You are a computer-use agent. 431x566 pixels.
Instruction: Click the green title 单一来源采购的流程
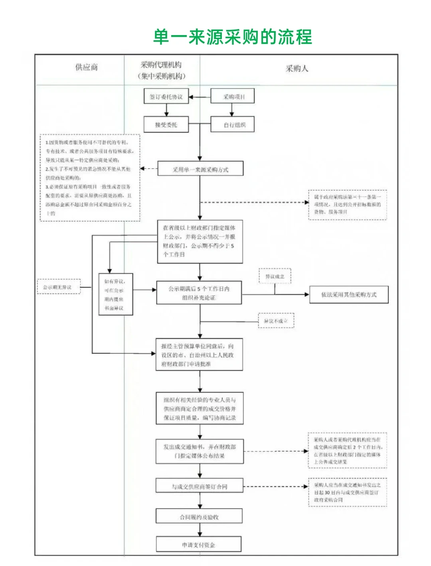click(x=233, y=37)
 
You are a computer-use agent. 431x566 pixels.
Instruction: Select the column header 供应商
click(x=86, y=67)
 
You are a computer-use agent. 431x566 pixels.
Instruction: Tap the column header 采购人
click(x=297, y=69)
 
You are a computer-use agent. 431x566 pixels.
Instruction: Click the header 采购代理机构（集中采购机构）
click(x=162, y=70)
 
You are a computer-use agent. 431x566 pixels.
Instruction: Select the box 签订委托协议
click(x=166, y=97)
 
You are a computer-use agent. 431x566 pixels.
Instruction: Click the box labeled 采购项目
click(x=233, y=97)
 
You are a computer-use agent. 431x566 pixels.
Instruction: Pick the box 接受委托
click(x=166, y=125)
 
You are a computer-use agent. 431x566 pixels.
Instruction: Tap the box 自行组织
click(x=233, y=125)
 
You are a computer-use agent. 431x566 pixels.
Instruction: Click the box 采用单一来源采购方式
click(x=200, y=169)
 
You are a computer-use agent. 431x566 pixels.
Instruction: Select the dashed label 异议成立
click(x=275, y=276)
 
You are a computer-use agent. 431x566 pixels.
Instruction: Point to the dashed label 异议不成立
click(x=276, y=321)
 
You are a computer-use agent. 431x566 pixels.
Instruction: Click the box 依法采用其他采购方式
click(x=349, y=295)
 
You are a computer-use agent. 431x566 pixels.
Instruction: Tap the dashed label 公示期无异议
click(x=59, y=287)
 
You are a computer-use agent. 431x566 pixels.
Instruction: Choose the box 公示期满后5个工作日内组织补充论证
click(x=199, y=293)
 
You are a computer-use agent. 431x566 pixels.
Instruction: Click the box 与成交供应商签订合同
click(x=199, y=486)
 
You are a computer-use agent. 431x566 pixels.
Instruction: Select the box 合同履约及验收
click(x=199, y=517)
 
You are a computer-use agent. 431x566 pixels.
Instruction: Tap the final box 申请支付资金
click(x=199, y=544)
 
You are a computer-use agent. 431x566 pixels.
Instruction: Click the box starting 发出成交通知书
click(x=199, y=451)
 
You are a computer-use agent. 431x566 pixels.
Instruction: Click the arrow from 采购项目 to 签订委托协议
click(x=200, y=97)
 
